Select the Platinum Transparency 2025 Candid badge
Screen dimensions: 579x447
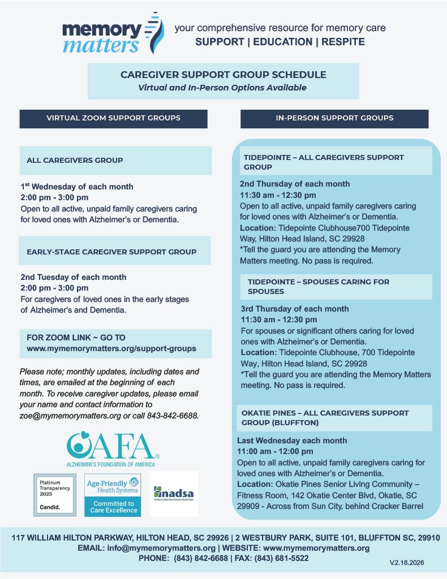tap(54, 495)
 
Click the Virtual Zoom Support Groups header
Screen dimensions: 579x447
tap(113, 118)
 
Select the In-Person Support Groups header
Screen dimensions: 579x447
tap(334, 118)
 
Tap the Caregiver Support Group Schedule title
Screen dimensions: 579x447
tap(223, 75)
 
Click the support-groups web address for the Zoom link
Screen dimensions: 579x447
tap(111, 348)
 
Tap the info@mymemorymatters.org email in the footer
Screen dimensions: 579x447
tap(180, 548)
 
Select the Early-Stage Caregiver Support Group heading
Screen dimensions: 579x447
tap(111, 252)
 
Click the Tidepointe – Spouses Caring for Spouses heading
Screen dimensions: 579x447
tap(319, 286)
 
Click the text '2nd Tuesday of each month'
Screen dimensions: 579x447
tap(73, 277)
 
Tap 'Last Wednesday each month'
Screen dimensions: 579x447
tap(292, 440)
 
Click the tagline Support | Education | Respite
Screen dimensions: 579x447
tap(280, 42)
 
